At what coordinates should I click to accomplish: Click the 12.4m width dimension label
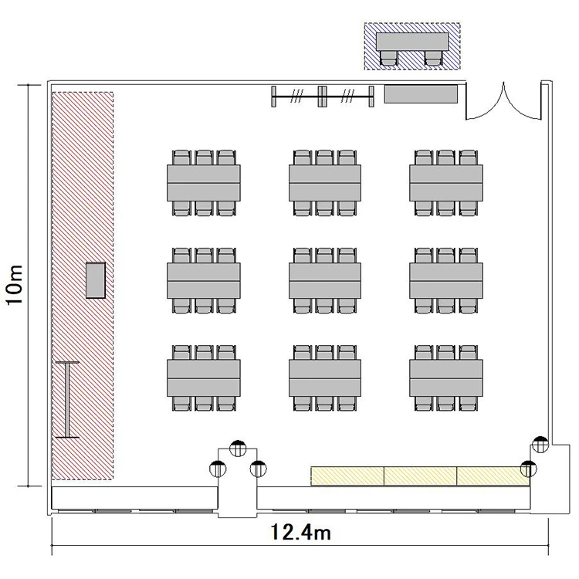pyautogui.click(x=300, y=533)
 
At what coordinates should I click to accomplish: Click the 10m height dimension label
pyautogui.click(x=15, y=284)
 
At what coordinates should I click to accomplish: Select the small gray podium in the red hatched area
pyautogui.click(x=96, y=280)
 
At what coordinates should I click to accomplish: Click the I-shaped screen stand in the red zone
pyautogui.click(x=67, y=400)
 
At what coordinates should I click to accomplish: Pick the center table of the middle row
pyautogui.click(x=324, y=281)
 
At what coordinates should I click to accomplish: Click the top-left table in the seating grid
pyautogui.click(x=204, y=183)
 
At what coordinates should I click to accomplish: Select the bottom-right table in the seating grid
pyautogui.click(x=445, y=378)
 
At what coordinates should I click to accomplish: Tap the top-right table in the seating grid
pyautogui.click(x=445, y=183)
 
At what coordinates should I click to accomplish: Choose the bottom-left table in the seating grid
pyautogui.click(x=204, y=378)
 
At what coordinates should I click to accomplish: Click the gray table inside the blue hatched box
pyautogui.click(x=412, y=42)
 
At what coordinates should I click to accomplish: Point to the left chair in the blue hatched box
pyautogui.click(x=389, y=58)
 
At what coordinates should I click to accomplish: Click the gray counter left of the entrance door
pyautogui.click(x=421, y=94)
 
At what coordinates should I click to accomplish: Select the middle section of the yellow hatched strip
pyautogui.click(x=421, y=476)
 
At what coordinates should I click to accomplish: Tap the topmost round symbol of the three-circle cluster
pyautogui.click(x=238, y=449)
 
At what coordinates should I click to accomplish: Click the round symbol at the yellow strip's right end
pyautogui.click(x=528, y=469)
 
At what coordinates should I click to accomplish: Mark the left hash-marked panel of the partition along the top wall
pyautogui.click(x=296, y=96)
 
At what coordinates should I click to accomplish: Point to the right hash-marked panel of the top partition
pyautogui.click(x=348, y=96)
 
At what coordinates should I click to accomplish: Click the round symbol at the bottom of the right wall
pyautogui.click(x=540, y=445)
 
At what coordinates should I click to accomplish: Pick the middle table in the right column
pyautogui.click(x=445, y=281)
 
